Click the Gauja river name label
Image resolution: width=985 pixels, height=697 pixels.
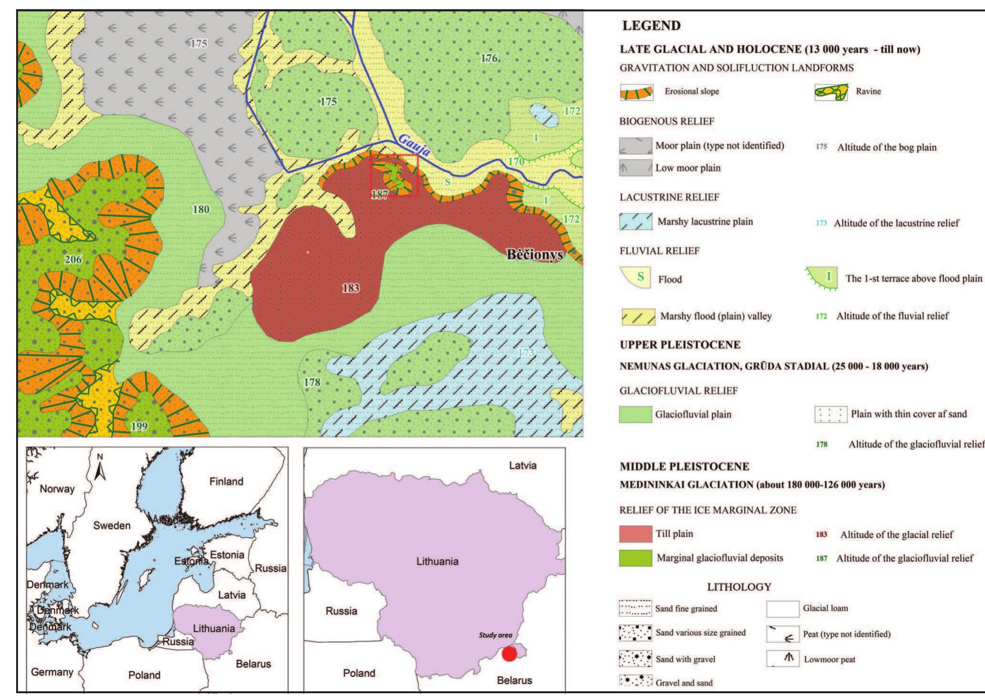tap(415, 145)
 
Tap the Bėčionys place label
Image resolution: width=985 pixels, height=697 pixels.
tap(535, 255)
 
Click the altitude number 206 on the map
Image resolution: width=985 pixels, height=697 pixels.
tap(73, 260)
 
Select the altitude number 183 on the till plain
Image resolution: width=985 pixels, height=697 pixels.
tap(351, 288)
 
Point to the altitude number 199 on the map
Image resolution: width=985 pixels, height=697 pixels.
tap(139, 426)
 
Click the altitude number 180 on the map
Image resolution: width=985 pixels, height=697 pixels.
tap(201, 209)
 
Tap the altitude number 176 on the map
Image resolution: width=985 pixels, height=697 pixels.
tap(489, 58)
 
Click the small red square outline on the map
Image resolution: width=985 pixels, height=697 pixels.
tap(394, 175)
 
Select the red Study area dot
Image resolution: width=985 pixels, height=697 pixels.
tap(509, 654)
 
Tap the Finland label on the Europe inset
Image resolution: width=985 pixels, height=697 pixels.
tap(226, 481)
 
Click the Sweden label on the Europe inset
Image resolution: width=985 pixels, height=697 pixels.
tap(112, 525)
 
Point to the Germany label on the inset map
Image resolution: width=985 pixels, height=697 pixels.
tap(52, 672)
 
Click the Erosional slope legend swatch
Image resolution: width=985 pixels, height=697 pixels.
tap(637, 93)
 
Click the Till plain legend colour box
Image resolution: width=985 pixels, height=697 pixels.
tap(635, 534)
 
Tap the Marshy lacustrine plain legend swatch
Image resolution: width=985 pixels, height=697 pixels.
tap(635, 222)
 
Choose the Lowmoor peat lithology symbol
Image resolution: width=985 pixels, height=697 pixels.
tap(782, 659)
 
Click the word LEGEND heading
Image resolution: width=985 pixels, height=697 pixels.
tap(651, 26)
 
